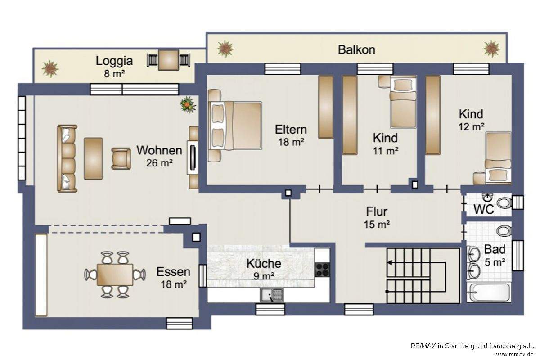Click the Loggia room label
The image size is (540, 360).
tap(114, 61)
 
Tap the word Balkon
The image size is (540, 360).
tap(356, 49)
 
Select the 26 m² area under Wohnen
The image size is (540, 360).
tap(159, 163)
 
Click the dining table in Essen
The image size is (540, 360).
tap(115, 274)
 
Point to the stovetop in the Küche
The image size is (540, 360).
tap(322, 270)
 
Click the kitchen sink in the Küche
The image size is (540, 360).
tap(272, 295)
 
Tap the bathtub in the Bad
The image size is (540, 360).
tap(489, 292)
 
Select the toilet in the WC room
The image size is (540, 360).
tap(504, 203)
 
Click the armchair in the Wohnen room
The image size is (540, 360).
tap(121, 159)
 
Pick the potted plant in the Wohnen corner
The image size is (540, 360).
tap(188, 104)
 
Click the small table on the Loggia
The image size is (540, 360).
tap(168, 60)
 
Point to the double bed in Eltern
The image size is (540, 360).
tap(235, 126)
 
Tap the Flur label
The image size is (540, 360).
tap(377, 211)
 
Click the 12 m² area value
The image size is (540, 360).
tap(471, 127)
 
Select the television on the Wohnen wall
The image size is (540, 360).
tap(193, 157)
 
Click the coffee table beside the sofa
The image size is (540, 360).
tap(93, 158)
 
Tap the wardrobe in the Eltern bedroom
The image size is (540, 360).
tap(326, 107)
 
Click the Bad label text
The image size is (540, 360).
tap(495, 249)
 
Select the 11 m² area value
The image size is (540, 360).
tap(386, 151)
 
